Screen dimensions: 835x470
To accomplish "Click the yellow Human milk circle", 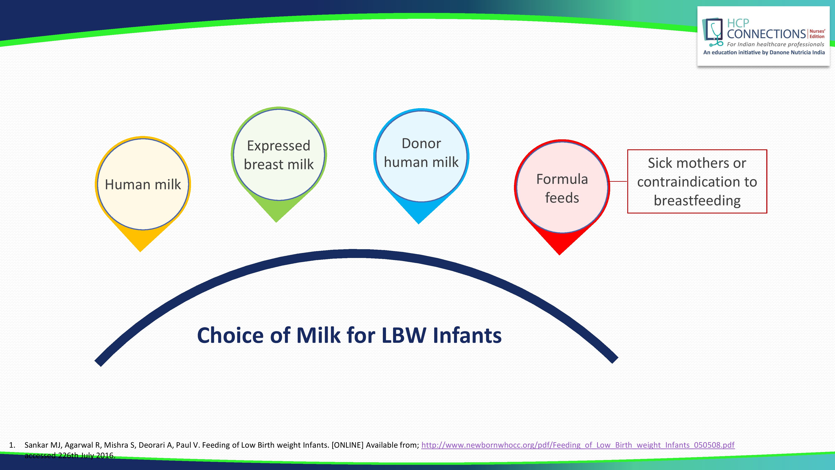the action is tap(143, 184).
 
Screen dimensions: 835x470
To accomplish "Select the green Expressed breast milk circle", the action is tap(279, 155).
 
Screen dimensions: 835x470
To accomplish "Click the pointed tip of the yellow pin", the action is tap(140, 252).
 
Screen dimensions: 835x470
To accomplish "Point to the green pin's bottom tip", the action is tap(276, 222).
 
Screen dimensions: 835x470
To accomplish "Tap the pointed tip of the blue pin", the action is tap(419, 224).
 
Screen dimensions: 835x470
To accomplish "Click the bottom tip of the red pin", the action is tap(559, 255).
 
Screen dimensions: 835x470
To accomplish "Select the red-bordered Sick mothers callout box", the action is tap(697, 181).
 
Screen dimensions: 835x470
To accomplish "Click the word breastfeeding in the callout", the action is tap(697, 201).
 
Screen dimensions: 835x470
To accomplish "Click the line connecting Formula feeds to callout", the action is tap(619, 181).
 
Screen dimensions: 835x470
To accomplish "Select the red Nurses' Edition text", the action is tap(817, 34).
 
